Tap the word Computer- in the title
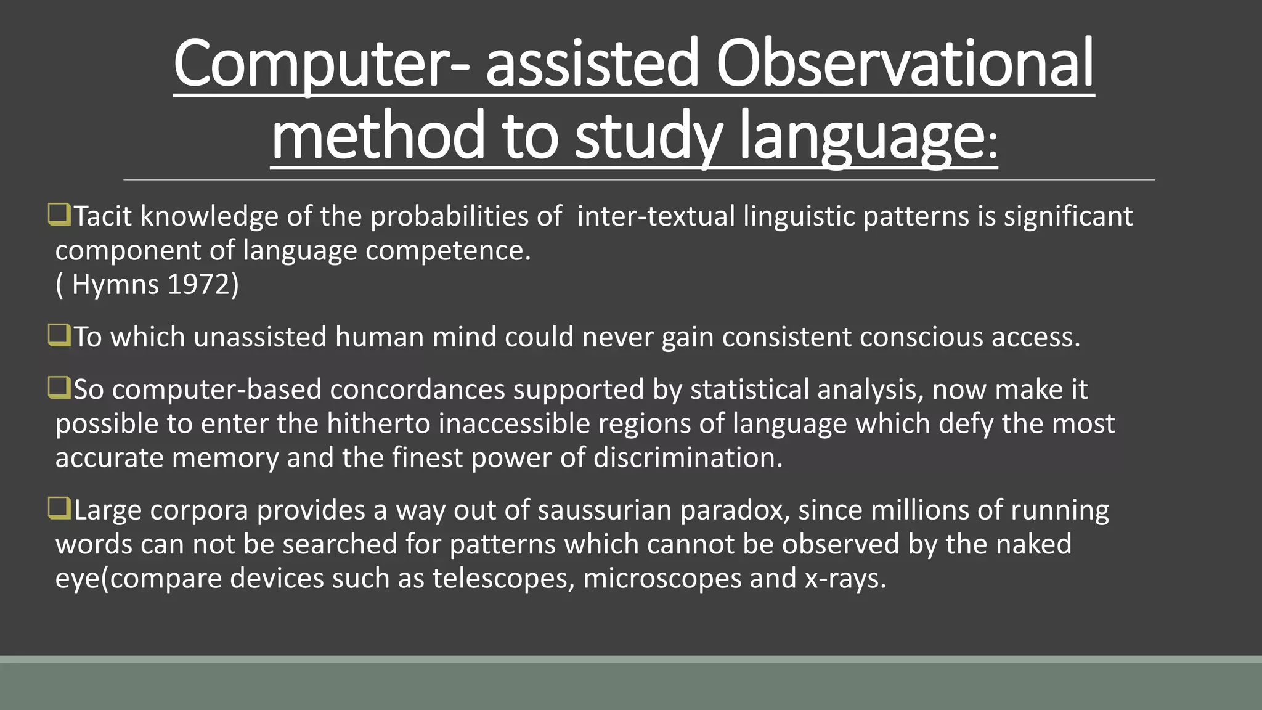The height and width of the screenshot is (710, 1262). (320, 63)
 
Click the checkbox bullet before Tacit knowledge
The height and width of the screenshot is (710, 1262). (59, 214)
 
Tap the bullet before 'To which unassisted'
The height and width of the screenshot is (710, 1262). (59, 335)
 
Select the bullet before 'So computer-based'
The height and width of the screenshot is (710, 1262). (59, 388)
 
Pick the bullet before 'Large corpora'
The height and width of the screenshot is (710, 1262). (59, 508)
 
